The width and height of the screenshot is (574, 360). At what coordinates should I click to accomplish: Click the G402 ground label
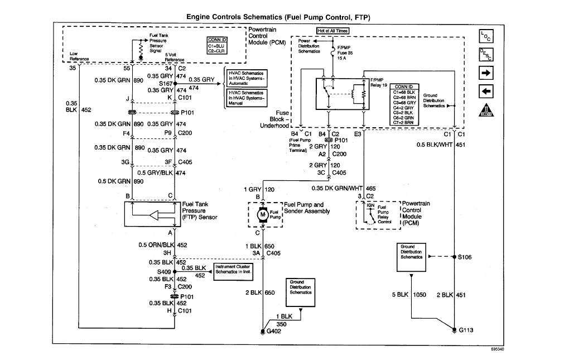(274, 332)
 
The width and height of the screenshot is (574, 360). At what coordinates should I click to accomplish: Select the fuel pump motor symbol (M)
(262, 214)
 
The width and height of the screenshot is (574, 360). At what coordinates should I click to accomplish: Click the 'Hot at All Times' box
(332, 31)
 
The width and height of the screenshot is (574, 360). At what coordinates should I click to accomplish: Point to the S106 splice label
(465, 257)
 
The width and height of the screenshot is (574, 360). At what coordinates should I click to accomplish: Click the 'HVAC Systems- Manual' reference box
(245, 98)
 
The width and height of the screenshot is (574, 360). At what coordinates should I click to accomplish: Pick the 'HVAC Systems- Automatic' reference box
(245, 78)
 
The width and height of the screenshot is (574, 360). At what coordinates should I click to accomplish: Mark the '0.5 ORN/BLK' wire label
(156, 244)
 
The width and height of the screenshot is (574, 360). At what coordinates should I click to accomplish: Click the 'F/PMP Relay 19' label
(379, 83)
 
